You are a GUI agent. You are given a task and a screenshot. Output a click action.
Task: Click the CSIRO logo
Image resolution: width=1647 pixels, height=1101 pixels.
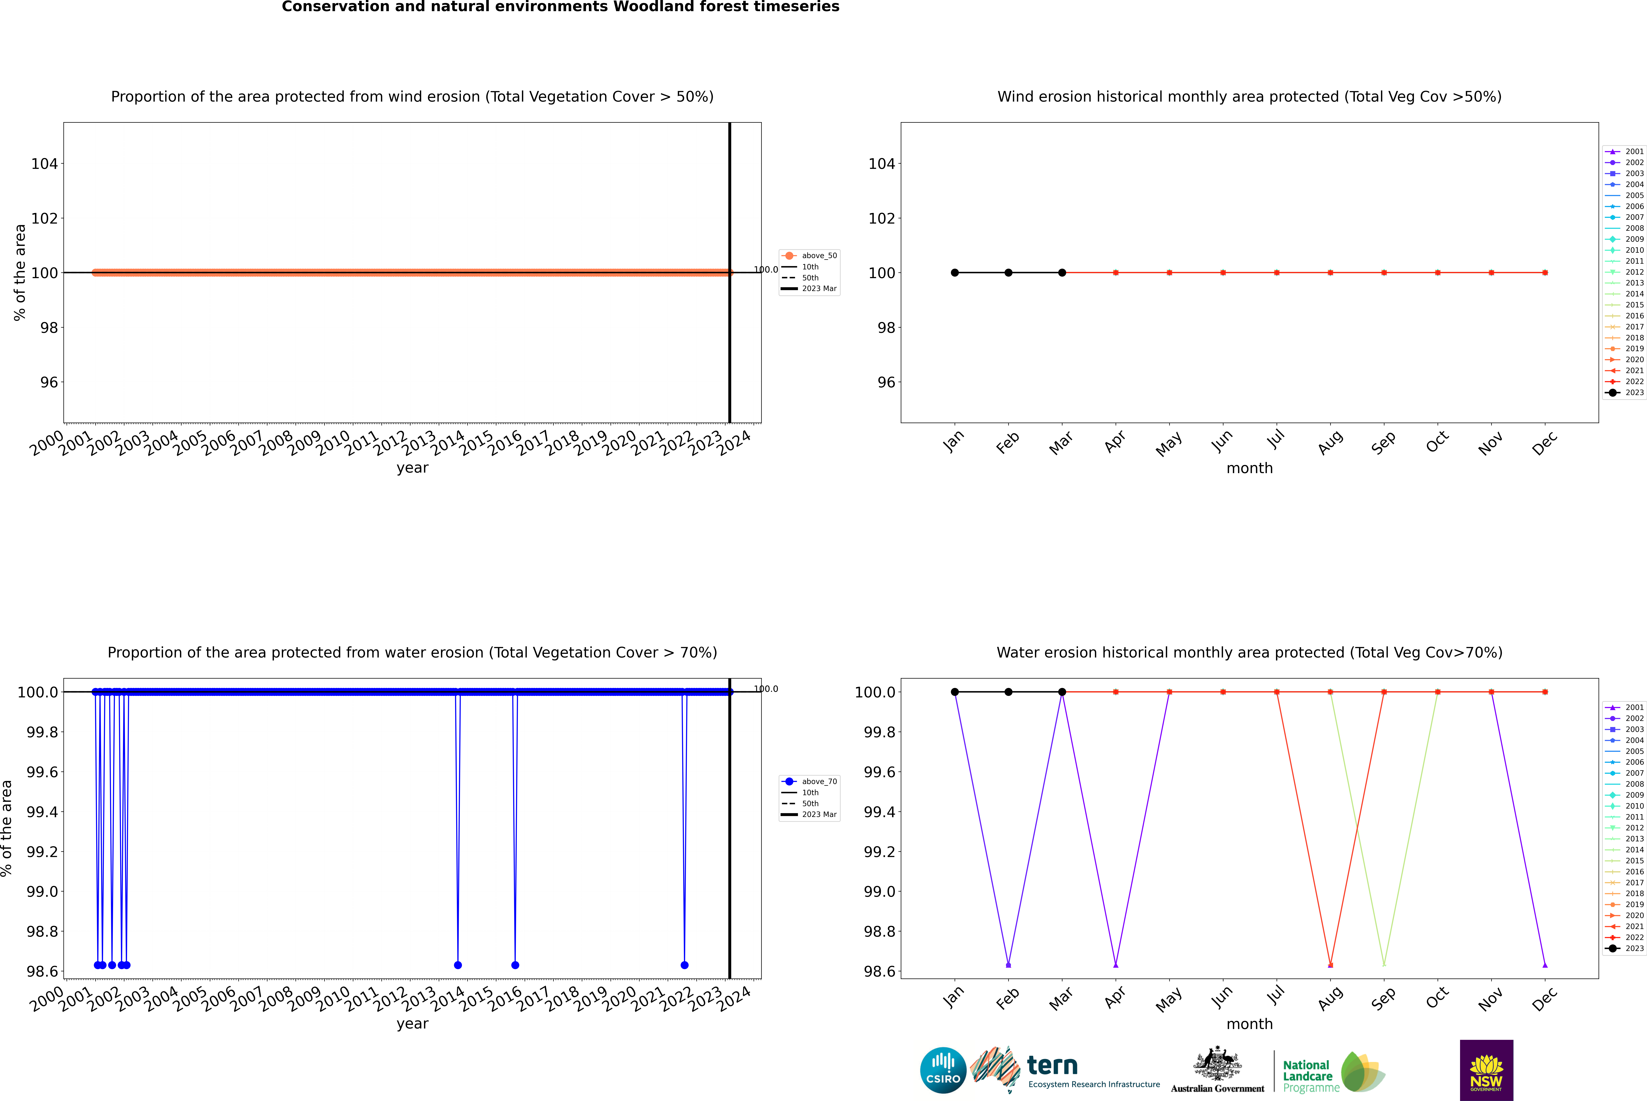[x=943, y=1070]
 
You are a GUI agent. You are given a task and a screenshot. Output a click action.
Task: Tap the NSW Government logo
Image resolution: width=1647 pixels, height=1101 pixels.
[x=1486, y=1070]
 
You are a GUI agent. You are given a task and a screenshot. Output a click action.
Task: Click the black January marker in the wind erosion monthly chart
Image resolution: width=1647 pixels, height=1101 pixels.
[x=955, y=272]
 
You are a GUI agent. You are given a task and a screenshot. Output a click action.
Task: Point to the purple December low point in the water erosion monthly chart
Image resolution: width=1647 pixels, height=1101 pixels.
[x=1545, y=965]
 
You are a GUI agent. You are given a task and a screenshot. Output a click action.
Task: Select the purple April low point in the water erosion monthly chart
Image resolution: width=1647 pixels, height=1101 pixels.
[x=1116, y=965]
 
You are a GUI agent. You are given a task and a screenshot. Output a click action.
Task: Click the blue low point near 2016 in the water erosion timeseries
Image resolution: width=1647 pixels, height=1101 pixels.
[x=515, y=965]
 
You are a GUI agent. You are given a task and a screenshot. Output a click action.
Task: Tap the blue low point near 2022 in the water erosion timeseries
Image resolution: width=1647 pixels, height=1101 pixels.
[x=685, y=965]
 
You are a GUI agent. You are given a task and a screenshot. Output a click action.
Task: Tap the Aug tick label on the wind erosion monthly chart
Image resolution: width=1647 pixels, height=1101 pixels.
[x=1330, y=442]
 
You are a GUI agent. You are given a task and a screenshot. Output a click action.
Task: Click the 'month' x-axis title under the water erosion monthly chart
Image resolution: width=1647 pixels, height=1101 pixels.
[x=1249, y=1024]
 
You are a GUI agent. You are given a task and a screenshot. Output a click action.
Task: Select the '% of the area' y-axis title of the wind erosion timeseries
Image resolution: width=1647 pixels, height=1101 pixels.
[x=20, y=272]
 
